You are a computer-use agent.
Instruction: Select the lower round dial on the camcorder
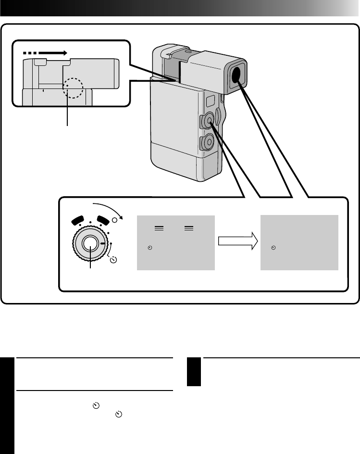[208, 141]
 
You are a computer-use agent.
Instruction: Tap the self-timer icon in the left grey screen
[150, 248]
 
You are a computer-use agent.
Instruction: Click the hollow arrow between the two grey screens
[236, 242]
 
